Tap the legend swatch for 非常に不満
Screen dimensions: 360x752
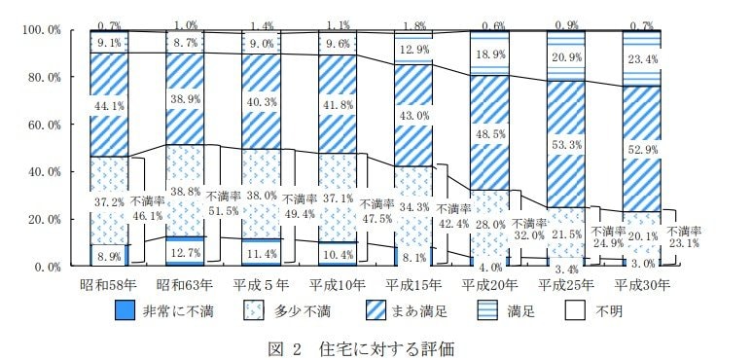coord(125,311)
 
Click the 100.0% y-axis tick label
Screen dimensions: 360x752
coord(39,30)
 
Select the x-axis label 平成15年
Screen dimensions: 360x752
coord(414,285)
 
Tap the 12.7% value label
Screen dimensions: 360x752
coord(185,254)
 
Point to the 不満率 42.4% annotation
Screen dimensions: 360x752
coord(452,215)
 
